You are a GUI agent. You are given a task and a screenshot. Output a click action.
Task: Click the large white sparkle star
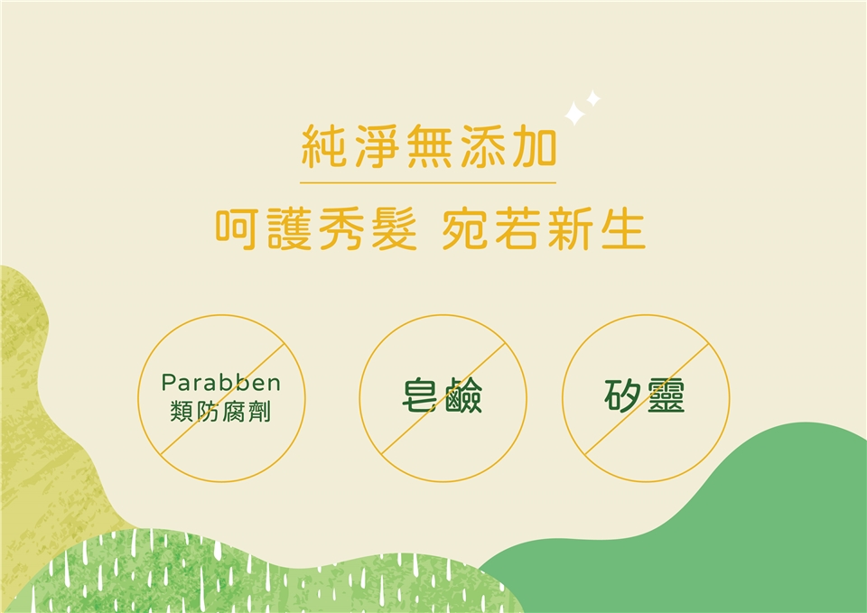(x=574, y=114)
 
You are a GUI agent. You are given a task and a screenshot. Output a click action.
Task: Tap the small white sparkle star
(x=593, y=98)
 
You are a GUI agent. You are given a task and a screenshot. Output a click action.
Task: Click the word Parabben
(x=221, y=383)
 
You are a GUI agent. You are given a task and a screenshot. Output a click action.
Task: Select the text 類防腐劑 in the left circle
(x=220, y=412)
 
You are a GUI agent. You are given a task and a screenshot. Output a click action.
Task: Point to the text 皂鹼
(x=443, y=395)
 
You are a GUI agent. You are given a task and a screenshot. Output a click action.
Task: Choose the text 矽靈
(x=645, y=395)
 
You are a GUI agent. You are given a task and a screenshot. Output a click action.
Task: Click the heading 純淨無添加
(x=428, y=146)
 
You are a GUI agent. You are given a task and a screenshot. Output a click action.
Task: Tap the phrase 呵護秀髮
(x=316, y=229)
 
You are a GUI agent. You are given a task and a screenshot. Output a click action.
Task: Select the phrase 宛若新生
(x=544, y=229)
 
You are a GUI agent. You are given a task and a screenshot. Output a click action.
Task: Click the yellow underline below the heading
(x=428, y=182)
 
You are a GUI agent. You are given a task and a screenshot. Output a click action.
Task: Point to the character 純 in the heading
(x=324, y=146)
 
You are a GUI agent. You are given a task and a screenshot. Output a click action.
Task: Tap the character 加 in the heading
(x=534, y=146)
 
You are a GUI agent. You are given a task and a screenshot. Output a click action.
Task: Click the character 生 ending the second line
(x=624, y=229)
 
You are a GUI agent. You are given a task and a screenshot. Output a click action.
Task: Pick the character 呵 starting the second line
(x=237, y=229)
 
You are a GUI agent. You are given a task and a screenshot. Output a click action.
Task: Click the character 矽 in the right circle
(x=623, y=395)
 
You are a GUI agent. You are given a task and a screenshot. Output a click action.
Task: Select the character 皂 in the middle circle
(x=422, y=395)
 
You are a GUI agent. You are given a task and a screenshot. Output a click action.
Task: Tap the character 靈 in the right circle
(x=667, y=395)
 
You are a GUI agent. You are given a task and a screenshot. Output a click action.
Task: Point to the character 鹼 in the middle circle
(x=463, y=395)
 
